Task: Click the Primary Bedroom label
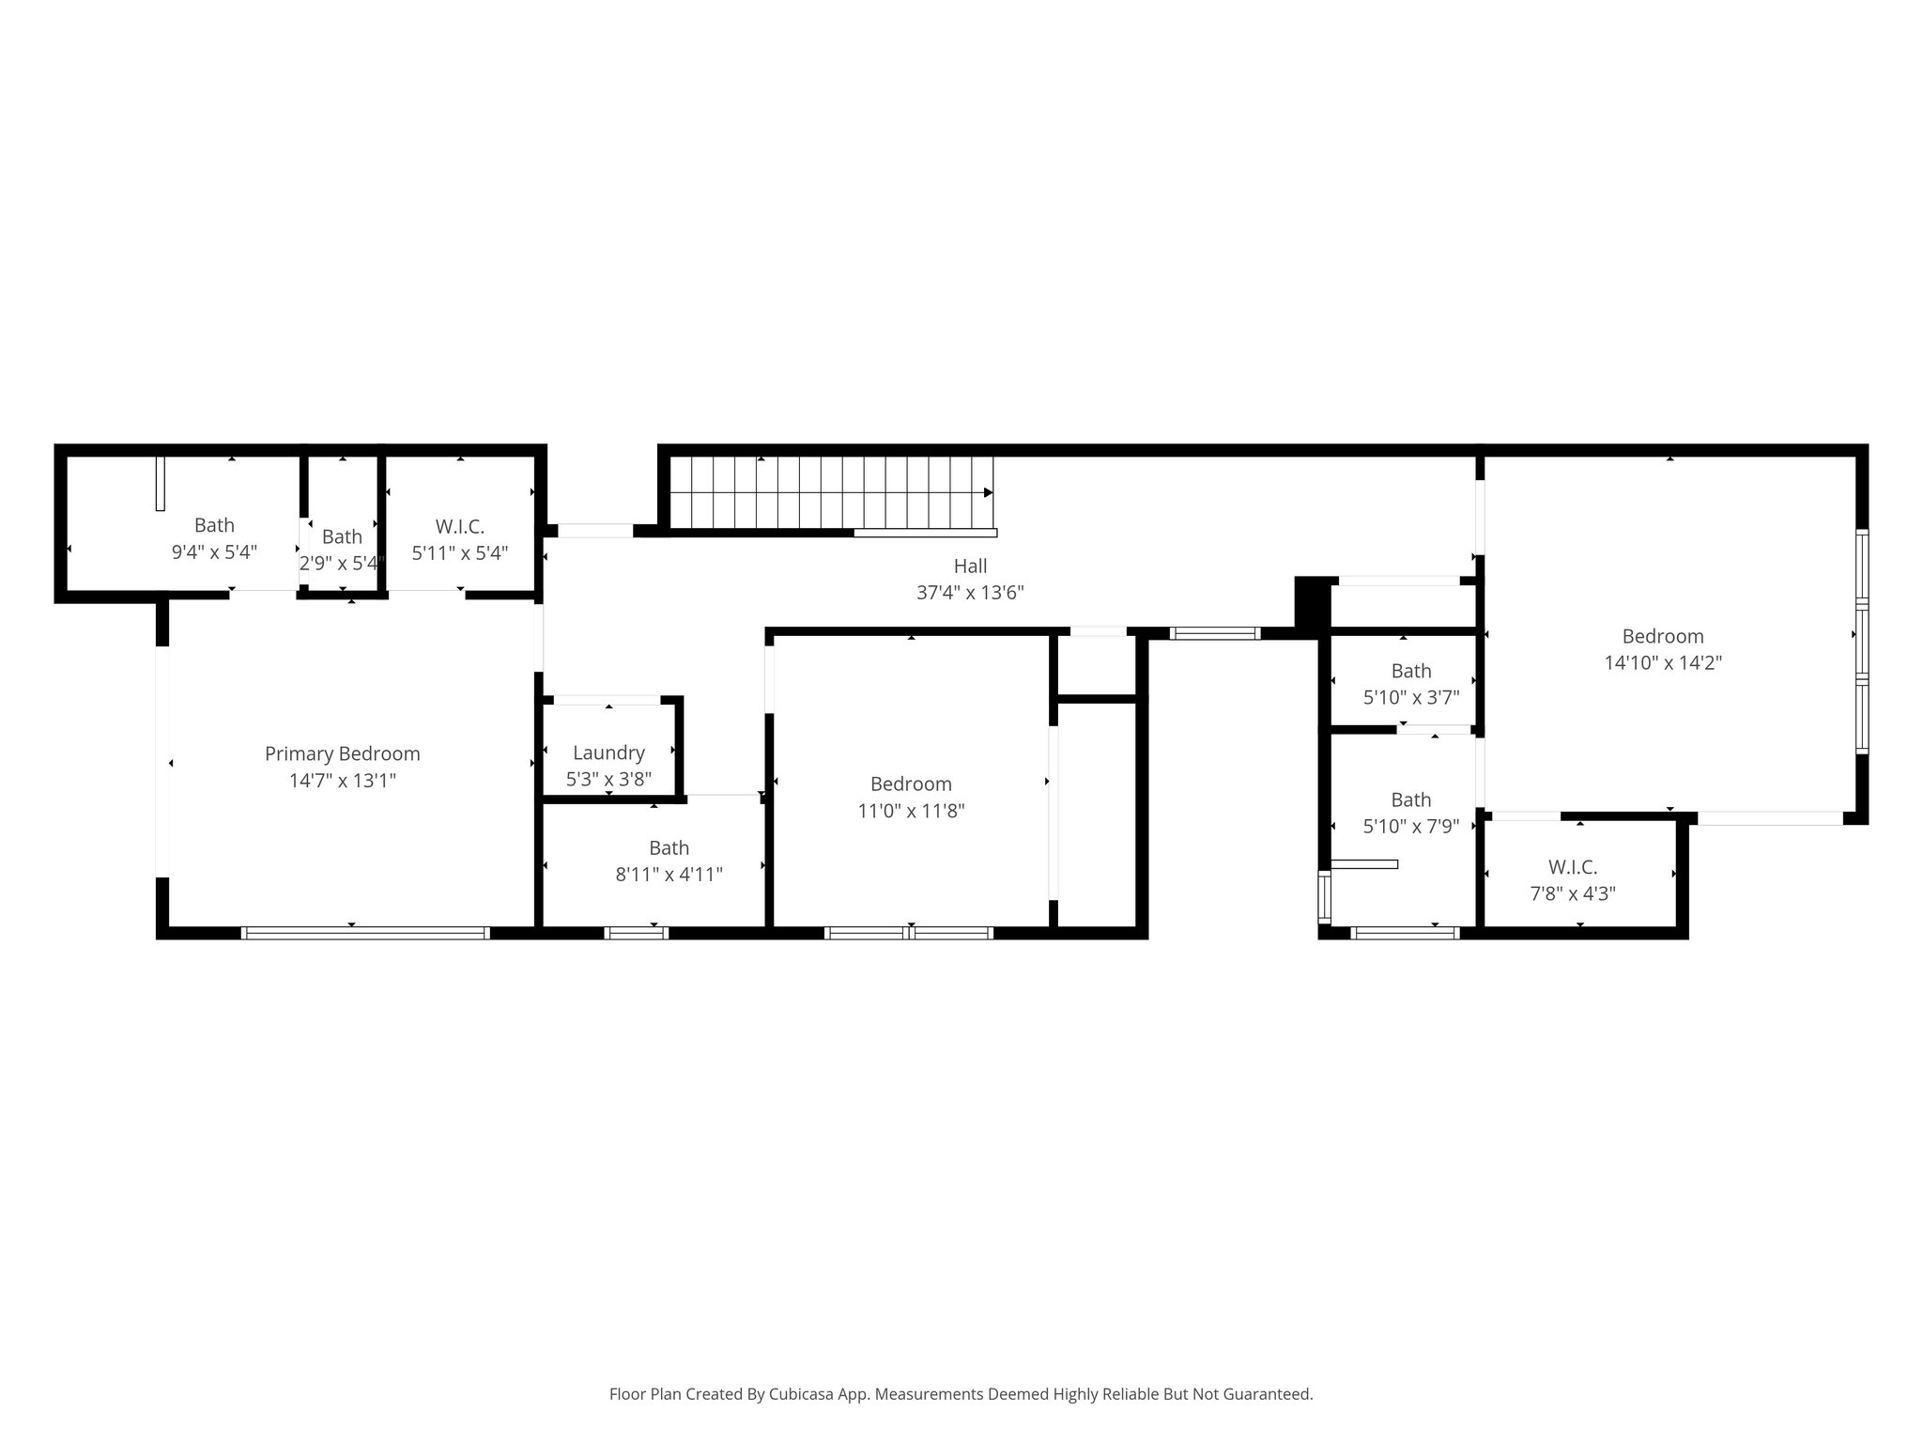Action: [x=342, y=753]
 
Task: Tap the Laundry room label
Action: [x=608, y=753]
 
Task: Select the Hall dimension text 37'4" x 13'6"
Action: [x=970, y=593]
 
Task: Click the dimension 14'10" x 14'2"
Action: [x=1662, y=662]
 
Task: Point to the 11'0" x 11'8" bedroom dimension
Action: [x=911, y=810]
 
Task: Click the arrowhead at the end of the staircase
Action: [x=988, y=492]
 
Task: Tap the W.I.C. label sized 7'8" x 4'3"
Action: [x=1572, y=867]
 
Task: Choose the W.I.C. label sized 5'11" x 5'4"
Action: [x=459, y=527]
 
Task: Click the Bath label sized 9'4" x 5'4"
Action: [x=214, y=525]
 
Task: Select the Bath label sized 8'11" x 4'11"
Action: [x=669, y=847]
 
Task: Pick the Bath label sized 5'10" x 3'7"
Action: [x=1410, y=671]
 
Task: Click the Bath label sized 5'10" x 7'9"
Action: [x=1410, y=799]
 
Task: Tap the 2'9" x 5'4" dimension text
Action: [x=342, y=564]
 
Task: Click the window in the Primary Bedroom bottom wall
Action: [x=365, y=933]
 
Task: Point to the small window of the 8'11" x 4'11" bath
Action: [x=636, y=933]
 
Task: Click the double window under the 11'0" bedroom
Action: [x=908, y=933]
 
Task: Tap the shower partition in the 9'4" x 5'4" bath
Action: [x=160, y=483]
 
